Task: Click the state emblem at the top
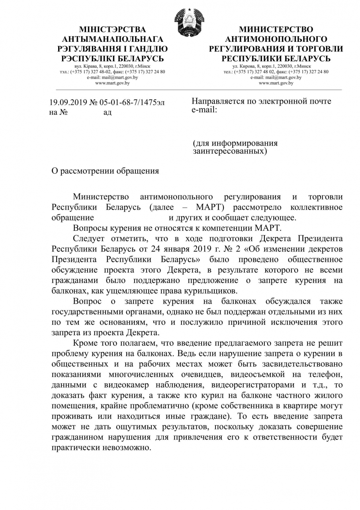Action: tap(189, 22)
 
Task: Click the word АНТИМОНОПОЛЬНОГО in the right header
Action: tap(276, 39)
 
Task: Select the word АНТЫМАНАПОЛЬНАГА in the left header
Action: tap(113, 39)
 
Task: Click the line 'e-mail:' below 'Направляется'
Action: tap(204, 109)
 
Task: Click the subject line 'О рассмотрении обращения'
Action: tap(106, 171)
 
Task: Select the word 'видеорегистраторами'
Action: tap(250, 384)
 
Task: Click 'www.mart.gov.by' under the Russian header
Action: tap(276, 83)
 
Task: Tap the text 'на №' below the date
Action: tap(58, 112)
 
